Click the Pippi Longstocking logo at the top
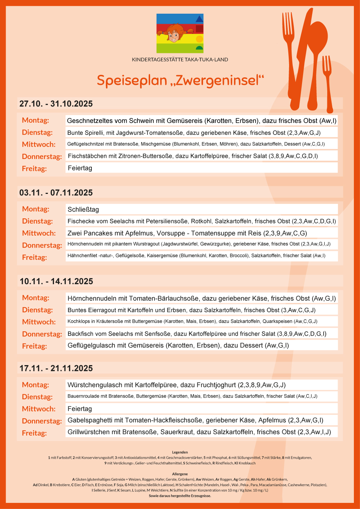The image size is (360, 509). [180, 33]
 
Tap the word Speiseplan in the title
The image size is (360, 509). [132, 81]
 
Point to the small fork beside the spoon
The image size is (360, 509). [328, 83]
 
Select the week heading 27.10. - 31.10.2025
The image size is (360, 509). [56, 104]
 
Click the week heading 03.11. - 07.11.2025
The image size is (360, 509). [56, 193]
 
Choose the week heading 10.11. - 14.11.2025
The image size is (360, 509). [56, 281]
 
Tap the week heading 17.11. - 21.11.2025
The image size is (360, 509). [56, 368]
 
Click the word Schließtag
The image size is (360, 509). [83, 210]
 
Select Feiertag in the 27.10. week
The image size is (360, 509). [80, 168]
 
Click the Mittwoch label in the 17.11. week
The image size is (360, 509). [39, 409]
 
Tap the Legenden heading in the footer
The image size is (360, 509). [180, 452]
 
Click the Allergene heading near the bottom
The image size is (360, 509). [180, 474]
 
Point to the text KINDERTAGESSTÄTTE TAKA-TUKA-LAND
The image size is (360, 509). [180, 60]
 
